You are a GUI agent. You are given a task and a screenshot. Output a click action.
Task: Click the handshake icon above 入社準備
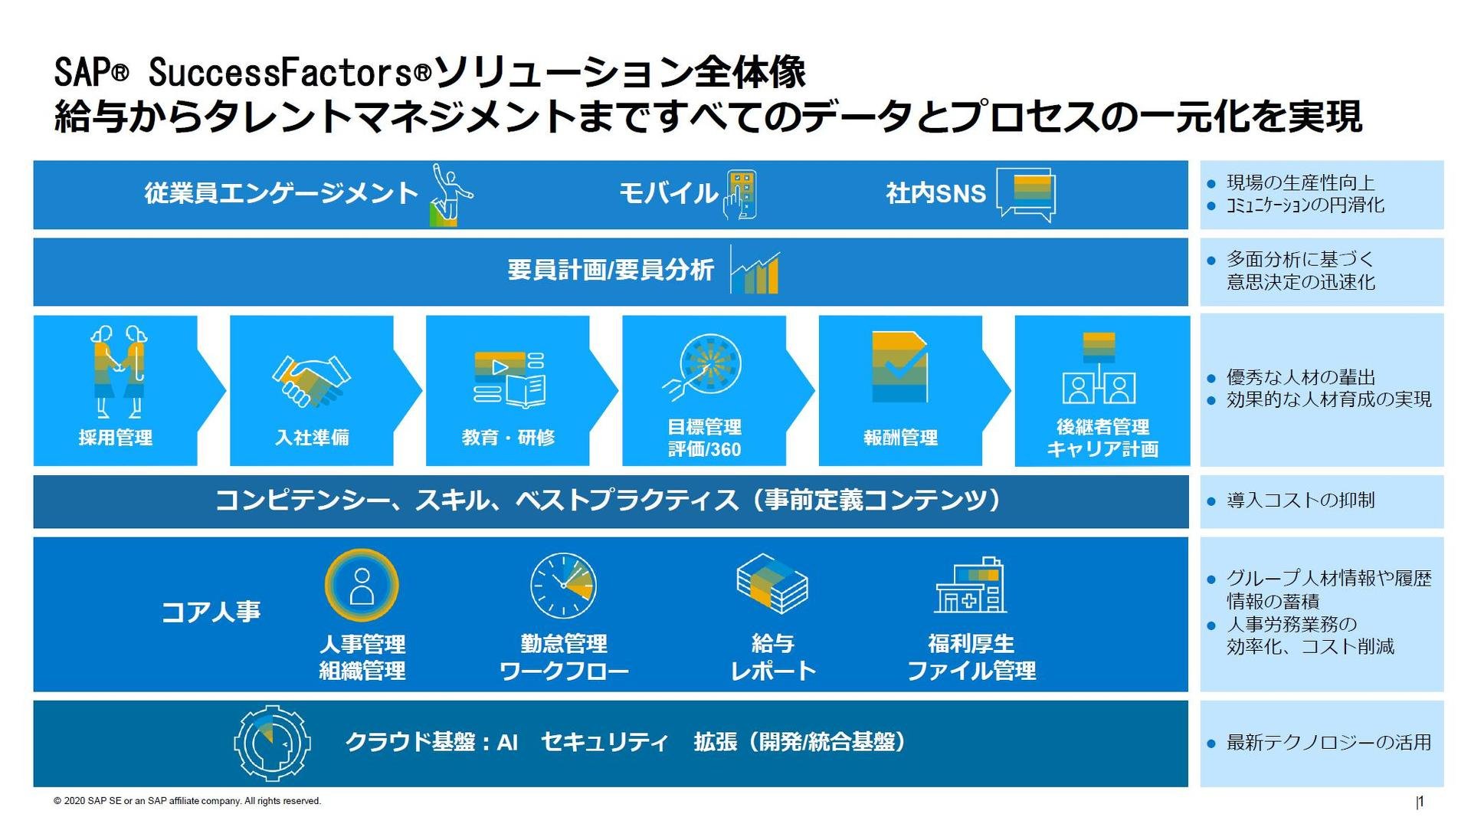tap(311, 380)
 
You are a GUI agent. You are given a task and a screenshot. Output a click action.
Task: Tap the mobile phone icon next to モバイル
tap(741, 195)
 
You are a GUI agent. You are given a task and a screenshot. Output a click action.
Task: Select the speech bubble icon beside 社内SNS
tap(1026, 195)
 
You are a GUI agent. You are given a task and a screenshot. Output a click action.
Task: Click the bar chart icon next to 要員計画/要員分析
tap(756, 270)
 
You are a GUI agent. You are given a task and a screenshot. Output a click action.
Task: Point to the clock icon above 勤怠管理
tap(563, 586)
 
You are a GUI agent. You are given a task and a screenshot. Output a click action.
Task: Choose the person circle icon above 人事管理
tap(362, 586)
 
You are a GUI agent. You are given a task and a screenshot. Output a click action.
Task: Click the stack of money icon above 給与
tap(772, 584)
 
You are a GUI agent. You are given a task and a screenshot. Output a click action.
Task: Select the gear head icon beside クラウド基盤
tap(272, 743)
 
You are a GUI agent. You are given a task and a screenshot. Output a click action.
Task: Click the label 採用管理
tap(116, 438)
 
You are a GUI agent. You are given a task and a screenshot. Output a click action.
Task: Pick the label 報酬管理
tap(900, 438)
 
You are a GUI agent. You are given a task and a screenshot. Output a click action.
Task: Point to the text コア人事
tap(211, 612)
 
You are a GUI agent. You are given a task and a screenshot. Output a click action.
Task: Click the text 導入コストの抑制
tap(1301, 501)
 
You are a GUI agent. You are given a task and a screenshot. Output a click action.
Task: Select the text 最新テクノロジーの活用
tap(1329, 743)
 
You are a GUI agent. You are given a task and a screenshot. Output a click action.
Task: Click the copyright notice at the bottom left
tap(187, 801)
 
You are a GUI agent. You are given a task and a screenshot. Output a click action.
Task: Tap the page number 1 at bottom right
tap(1420, 802)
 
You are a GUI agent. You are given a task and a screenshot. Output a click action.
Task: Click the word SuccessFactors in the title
tap(290, 73)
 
